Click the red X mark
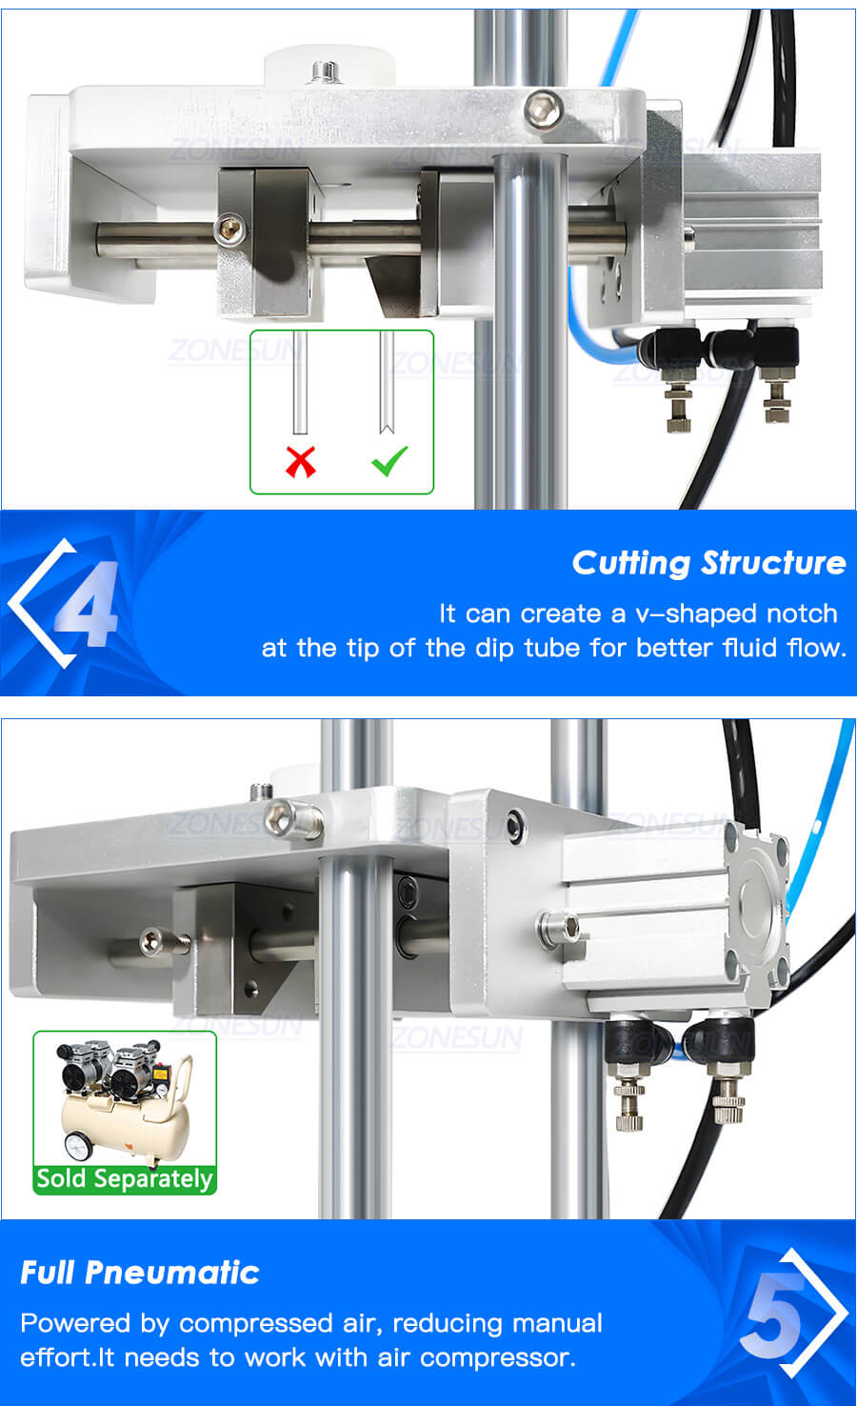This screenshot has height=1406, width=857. (x=301, y=461)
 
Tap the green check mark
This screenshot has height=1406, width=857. (x=389, y=461)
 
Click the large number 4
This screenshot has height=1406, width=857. (x=88, y=603)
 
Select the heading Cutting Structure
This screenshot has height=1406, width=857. (x=709, y=563)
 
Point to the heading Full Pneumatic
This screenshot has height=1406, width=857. (x=140, y=1273)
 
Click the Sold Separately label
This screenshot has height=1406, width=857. (x=125, y=1178)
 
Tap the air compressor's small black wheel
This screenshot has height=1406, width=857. (x=78, y=1146)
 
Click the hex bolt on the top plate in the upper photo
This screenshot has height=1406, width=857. (x=543, y=109)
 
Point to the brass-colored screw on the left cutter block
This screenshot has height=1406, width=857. (x=229, y=229)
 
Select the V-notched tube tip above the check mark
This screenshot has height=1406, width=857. (x=387, y=426)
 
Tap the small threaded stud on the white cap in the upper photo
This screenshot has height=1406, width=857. (x=325, y=72)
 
